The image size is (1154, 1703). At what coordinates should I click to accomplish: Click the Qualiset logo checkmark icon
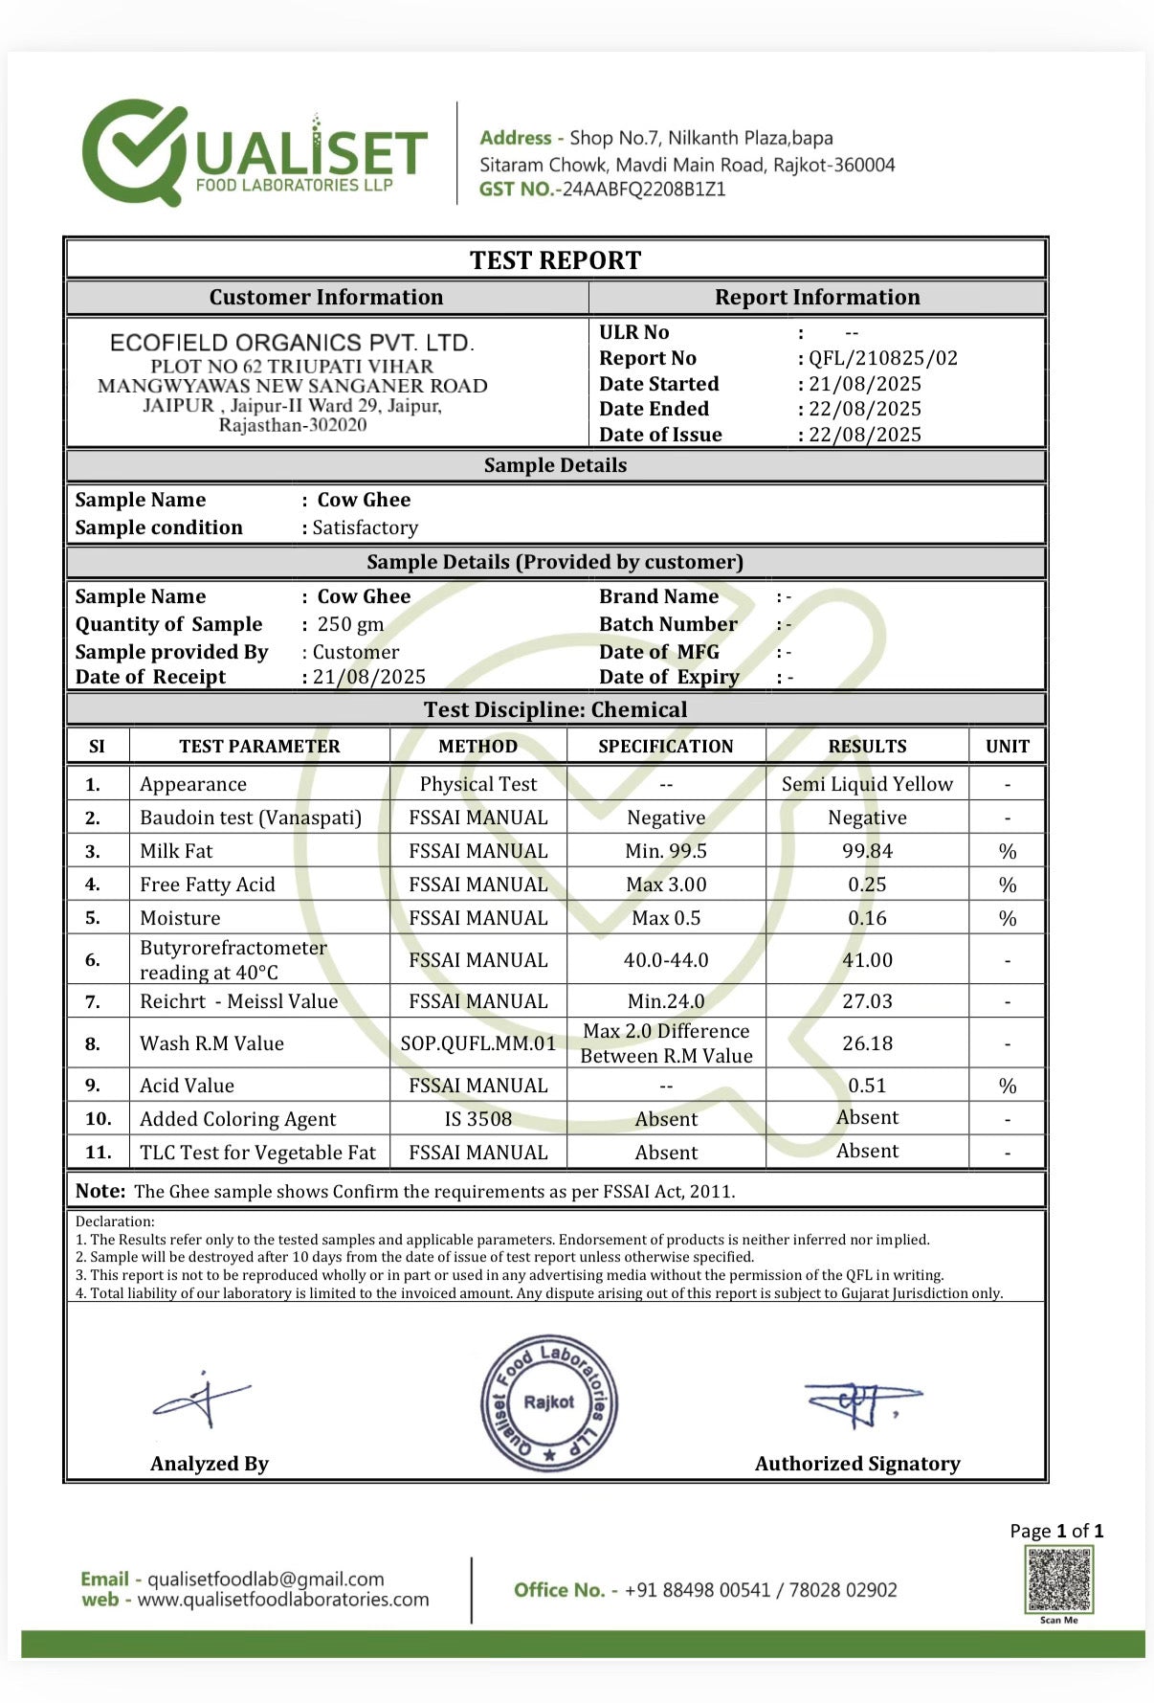135,152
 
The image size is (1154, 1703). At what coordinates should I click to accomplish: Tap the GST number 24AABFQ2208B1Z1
643,190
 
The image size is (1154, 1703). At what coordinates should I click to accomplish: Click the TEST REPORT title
555,260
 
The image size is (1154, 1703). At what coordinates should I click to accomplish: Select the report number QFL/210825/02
882,358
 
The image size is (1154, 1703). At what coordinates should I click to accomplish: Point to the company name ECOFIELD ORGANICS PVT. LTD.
292,343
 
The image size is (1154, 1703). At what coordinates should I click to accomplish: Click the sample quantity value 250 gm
350,624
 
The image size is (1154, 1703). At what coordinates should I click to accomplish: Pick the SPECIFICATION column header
665,747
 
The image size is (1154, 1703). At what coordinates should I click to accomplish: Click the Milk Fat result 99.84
867,851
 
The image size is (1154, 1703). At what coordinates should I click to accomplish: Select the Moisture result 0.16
867,918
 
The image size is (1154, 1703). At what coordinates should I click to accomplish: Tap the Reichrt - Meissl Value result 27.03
867,1001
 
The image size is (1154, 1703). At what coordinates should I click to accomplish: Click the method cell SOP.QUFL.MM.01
477,1043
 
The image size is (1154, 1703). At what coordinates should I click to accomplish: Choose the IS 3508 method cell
477,1119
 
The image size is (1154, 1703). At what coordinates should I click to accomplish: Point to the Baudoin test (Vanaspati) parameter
251,818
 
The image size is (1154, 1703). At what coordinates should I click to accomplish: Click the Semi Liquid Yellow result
867,784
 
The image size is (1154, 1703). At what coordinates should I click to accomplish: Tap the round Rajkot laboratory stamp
548,1403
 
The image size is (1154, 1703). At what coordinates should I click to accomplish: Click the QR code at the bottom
1058,1579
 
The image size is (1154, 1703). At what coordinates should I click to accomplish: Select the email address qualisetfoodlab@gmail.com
265,1579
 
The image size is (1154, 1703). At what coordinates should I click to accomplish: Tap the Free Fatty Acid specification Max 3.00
665,885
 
